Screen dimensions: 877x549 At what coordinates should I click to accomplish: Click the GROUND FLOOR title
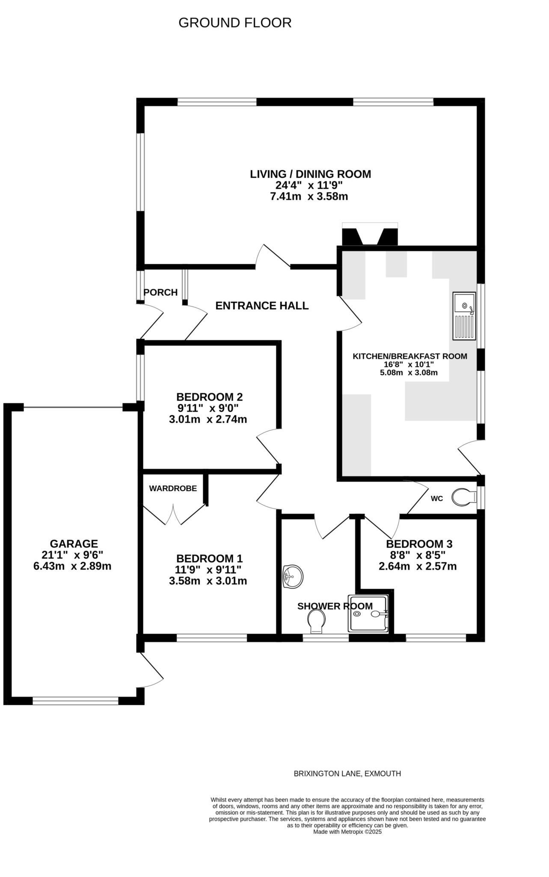click(x=234, y=23)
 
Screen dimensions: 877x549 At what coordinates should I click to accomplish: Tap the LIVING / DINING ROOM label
click(x=310, y=174)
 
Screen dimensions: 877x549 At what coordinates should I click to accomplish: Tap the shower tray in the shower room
click(x=369, y=614)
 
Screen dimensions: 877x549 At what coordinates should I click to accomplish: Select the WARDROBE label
click(x=173, y=488)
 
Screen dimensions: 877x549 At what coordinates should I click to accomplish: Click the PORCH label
click(x=160, y=292)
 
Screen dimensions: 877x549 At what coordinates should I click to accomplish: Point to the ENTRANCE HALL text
click(x=262, y=306)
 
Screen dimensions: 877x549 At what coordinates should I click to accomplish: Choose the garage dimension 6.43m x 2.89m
click(x=72, y=566)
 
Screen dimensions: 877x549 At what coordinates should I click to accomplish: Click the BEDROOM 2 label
click(x=209, y=397)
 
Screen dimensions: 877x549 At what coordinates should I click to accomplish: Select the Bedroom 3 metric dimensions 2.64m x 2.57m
click(x=417, y=566)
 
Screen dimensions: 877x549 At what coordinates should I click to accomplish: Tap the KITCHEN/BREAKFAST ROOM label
click(x=410, y=356)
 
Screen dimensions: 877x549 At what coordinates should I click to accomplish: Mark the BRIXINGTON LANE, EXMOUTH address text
click(x=347, y=773)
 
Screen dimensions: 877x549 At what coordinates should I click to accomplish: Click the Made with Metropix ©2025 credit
click(x=347, y=832)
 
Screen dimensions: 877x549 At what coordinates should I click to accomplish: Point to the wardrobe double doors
click(x=174, y=514)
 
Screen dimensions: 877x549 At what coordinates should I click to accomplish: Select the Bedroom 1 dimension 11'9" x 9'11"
click(x=209, y=570)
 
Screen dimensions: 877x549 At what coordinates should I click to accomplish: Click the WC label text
click(x=436, y=498)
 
